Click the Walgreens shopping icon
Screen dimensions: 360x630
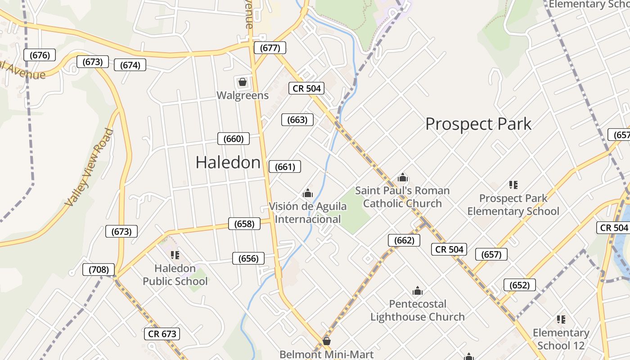(x=242, y=82)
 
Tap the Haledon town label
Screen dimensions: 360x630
(x=228, y=162)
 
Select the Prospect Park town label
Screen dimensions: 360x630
(x=478, y=124)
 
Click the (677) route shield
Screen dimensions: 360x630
(x=270, y=48)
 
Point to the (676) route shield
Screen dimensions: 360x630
(x=40, y=55)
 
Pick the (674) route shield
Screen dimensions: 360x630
(x=130, y=65)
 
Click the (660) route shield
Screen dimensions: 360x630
(x=233, y=139)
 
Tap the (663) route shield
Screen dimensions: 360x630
(x=297, y=120)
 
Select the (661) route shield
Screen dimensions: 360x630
(x=284, y=167)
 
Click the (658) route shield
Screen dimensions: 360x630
(x=244, y=224)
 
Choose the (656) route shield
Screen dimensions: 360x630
(x=248, y=258)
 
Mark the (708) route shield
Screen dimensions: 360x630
(x=99, y=270)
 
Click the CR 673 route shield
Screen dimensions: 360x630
(x=162, y=334)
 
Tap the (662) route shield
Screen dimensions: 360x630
(x=404, y=240)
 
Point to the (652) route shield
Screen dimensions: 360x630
(x=519, y=285)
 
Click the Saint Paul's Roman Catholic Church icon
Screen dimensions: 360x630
(x=403, y=178)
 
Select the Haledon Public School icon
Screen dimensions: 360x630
(x=175, y=256)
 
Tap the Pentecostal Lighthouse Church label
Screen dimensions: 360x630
(x=418, y=310)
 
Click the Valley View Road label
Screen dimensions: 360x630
(x=89, y=167)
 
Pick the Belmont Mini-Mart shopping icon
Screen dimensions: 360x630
(x=327, y=342)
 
